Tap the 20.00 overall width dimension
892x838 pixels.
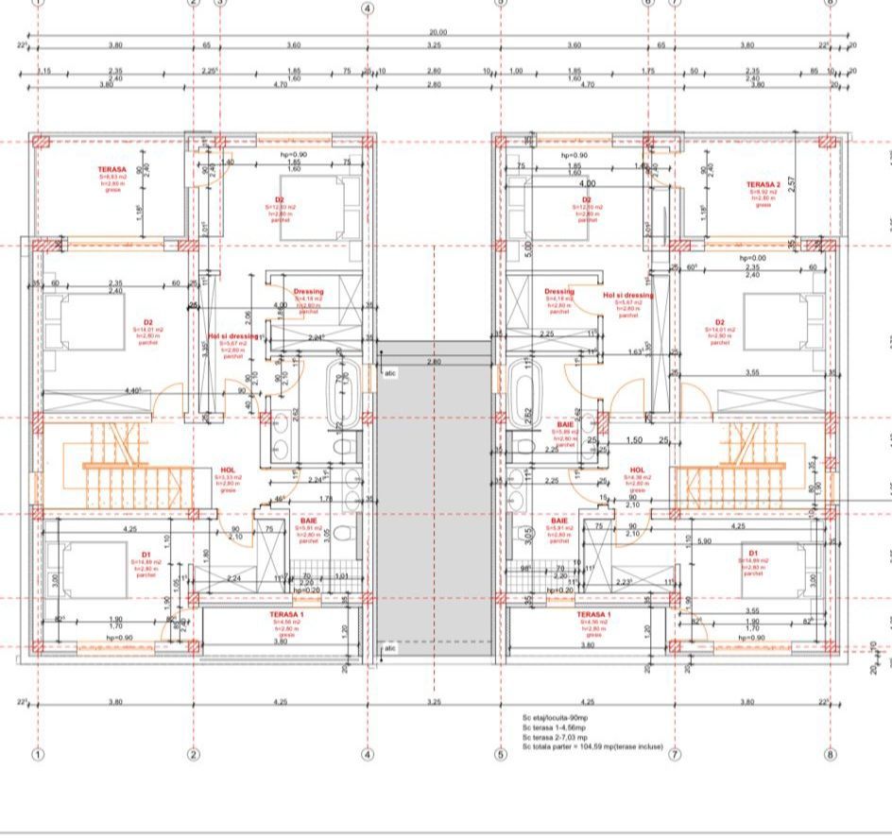(x=437, y=32)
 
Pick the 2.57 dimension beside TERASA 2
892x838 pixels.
(x=792, y=182)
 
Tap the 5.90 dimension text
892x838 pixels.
(x=703, y=540)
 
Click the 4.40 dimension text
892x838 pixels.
(x=134, y=390)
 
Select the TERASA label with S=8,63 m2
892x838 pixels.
(x=111, y=170)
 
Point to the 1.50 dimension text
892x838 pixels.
(x=635, y=440)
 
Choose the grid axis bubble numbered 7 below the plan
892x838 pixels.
(x=675, y=754)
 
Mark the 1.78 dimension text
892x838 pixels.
(x=325, y=499)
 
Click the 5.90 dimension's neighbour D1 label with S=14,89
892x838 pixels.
(x=753, y=554)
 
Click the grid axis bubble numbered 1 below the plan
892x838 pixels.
(x=39, y=754)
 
